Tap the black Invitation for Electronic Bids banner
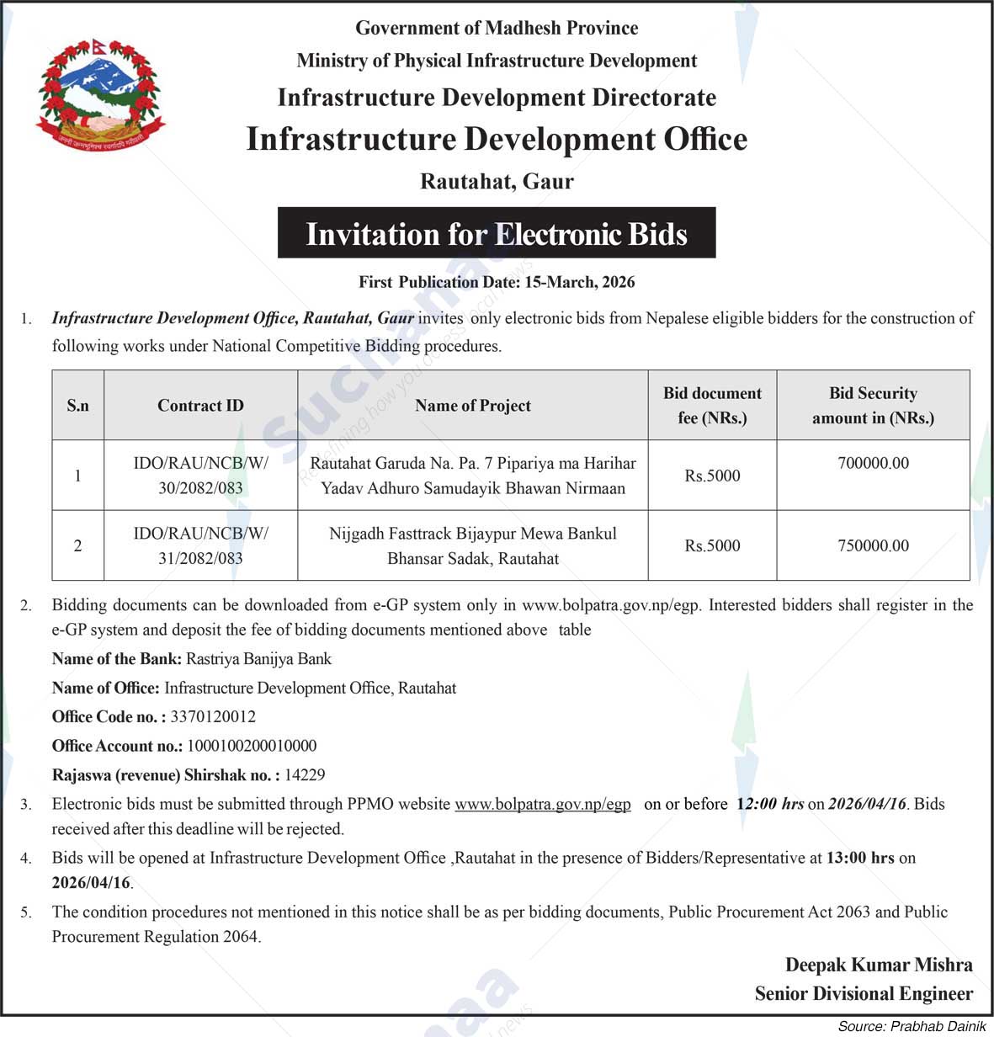(x=497, y=233)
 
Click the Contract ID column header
(x=200, y=406)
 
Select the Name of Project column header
(x=472, y=406)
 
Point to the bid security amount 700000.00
(x=873, y=463)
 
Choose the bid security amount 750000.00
(x=873, y=545)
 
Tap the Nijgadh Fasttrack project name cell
(x=472, y=545)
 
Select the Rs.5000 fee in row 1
(x=712, y=476)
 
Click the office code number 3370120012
(x=213, y=717)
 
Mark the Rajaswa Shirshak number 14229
(x=305, y=774)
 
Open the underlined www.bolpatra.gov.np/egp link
(x=543, y=804)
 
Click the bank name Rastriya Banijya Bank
(x=258, y=659)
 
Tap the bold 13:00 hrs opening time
(x=860, y=858)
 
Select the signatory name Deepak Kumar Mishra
(x=879, y=965)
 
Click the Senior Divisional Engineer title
(x=864, y=994)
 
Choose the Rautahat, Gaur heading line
(x=497, y=181)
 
